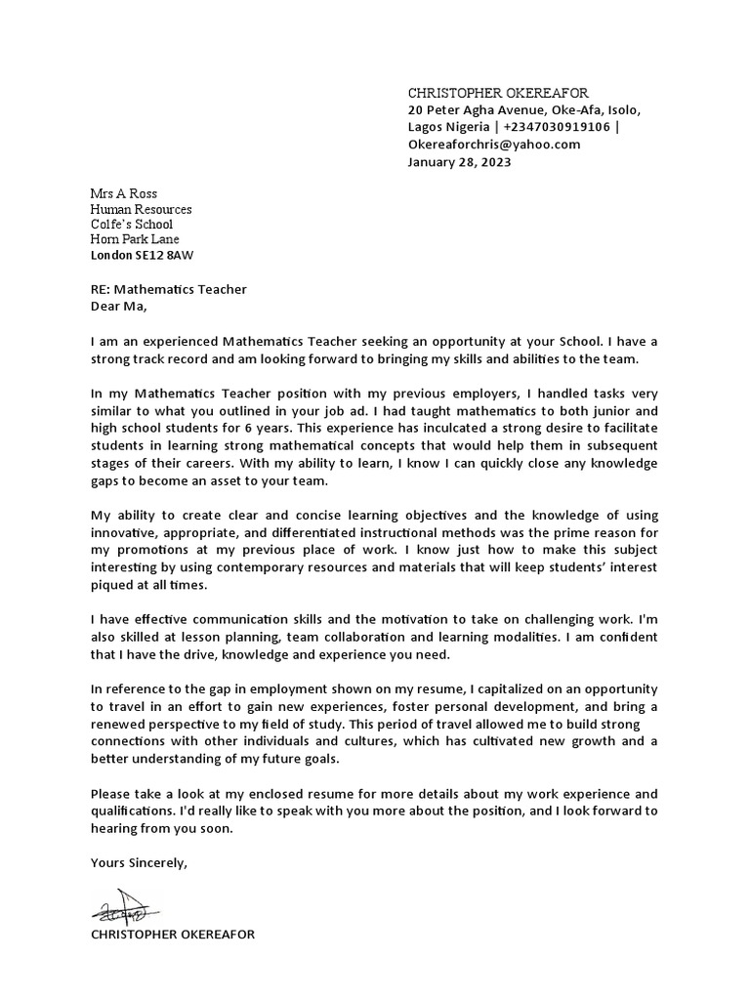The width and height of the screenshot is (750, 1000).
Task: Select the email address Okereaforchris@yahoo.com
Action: [x=493, y=145]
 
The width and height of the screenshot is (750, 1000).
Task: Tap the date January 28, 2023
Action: [x=459, y=162]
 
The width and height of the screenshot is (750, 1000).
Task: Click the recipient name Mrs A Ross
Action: [x=123, y=194]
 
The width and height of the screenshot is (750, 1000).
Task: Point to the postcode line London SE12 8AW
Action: [x=142, y=255]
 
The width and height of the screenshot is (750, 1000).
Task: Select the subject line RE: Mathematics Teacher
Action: [x=168, y=289]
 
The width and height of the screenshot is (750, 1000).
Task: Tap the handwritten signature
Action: [x=121, y=908]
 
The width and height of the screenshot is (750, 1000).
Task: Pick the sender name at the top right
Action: [x=498, y=92]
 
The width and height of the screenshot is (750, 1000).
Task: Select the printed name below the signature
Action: [x=172, y=935]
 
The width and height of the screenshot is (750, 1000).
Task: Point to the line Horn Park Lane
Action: [x=135, y=239]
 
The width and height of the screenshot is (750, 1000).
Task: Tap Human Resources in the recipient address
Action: [x=141, y=209]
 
